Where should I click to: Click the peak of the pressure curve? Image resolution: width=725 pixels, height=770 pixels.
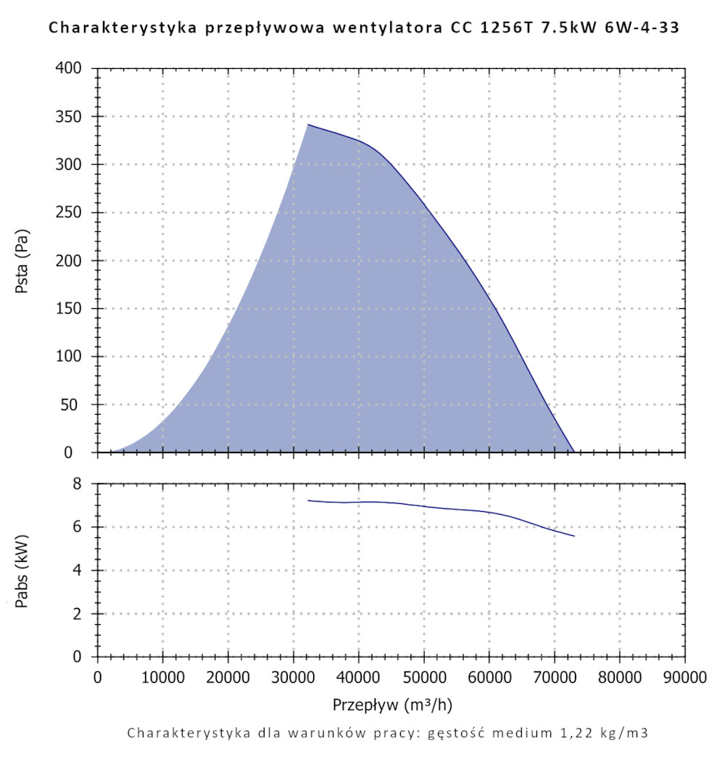click(x=308, y=125)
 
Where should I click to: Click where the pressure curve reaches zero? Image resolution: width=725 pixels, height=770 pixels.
click(x=574, y=452)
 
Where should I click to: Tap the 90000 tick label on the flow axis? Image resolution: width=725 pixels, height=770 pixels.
click(x=684, y=679)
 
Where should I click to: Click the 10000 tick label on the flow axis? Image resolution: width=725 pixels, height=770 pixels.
click(x=162, y=679)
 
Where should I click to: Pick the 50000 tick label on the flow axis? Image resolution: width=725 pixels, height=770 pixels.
click(x=423, y=679)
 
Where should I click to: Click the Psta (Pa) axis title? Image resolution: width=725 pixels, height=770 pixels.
click(x=22, y=261)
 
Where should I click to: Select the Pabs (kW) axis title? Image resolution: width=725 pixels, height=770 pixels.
click(x=22, y=571)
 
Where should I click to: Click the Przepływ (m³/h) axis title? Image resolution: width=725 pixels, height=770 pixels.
click(x=392, y=705)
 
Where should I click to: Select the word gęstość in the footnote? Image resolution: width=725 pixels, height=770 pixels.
click(x=460, y=733)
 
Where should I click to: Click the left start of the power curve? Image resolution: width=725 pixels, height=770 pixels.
click(x=308, y=500)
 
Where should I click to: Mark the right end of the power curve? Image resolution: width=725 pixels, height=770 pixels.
click(x=574, y=537)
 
